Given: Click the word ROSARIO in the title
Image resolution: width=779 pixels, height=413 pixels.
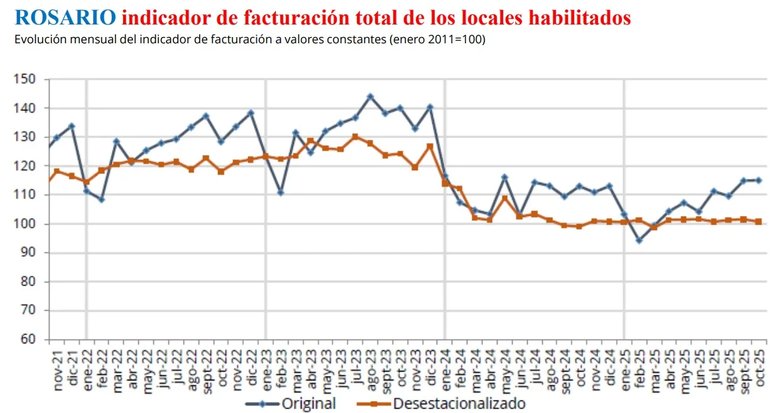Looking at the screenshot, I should pyautogui.click(x=65, y=17).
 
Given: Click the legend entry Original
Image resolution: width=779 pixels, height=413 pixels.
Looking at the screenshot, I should pyautogui.click(x=308, y=404).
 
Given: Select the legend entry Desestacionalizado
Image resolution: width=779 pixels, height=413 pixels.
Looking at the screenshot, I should pyautogui.click(x=459, y=404).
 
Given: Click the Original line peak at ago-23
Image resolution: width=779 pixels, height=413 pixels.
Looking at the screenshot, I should pyautogui.click(x=370, y=97).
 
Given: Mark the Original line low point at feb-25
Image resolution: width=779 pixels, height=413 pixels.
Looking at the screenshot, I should pyautogui.click(x=639, y=240).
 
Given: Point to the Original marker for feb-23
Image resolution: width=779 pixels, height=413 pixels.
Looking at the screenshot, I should pyautogui.click(x=281, y=192).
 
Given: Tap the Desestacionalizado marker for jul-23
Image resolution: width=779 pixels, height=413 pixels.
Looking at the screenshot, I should pyautogui.click(x=355, y=137).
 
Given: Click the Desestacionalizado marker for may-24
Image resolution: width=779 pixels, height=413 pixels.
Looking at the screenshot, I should pyautogui.click(x=504, y=198).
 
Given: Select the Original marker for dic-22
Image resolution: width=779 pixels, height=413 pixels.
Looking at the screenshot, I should pyautogui.click(x=251, y=113).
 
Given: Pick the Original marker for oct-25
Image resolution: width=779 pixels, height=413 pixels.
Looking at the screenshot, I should pyautogui.click(x=758, y=180).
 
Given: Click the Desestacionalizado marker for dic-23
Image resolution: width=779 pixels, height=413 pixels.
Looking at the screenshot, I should pyautogui.click(x=430, y=147).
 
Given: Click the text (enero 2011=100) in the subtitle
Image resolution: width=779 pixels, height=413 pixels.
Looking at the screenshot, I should pyautogui.click(x=437, y=40).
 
